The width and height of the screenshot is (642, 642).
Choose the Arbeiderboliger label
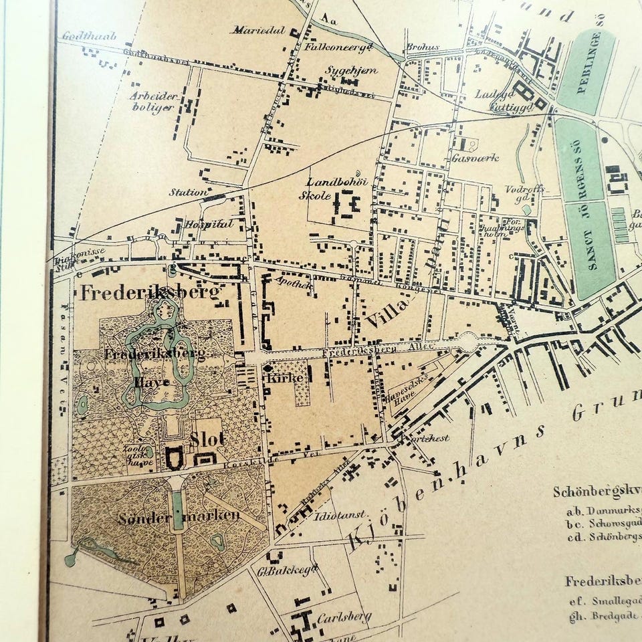click(154, 102)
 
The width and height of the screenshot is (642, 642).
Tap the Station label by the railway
click(188, 193)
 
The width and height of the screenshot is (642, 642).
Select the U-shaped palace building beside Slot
click(175, 458)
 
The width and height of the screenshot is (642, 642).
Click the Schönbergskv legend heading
click(595, 492)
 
